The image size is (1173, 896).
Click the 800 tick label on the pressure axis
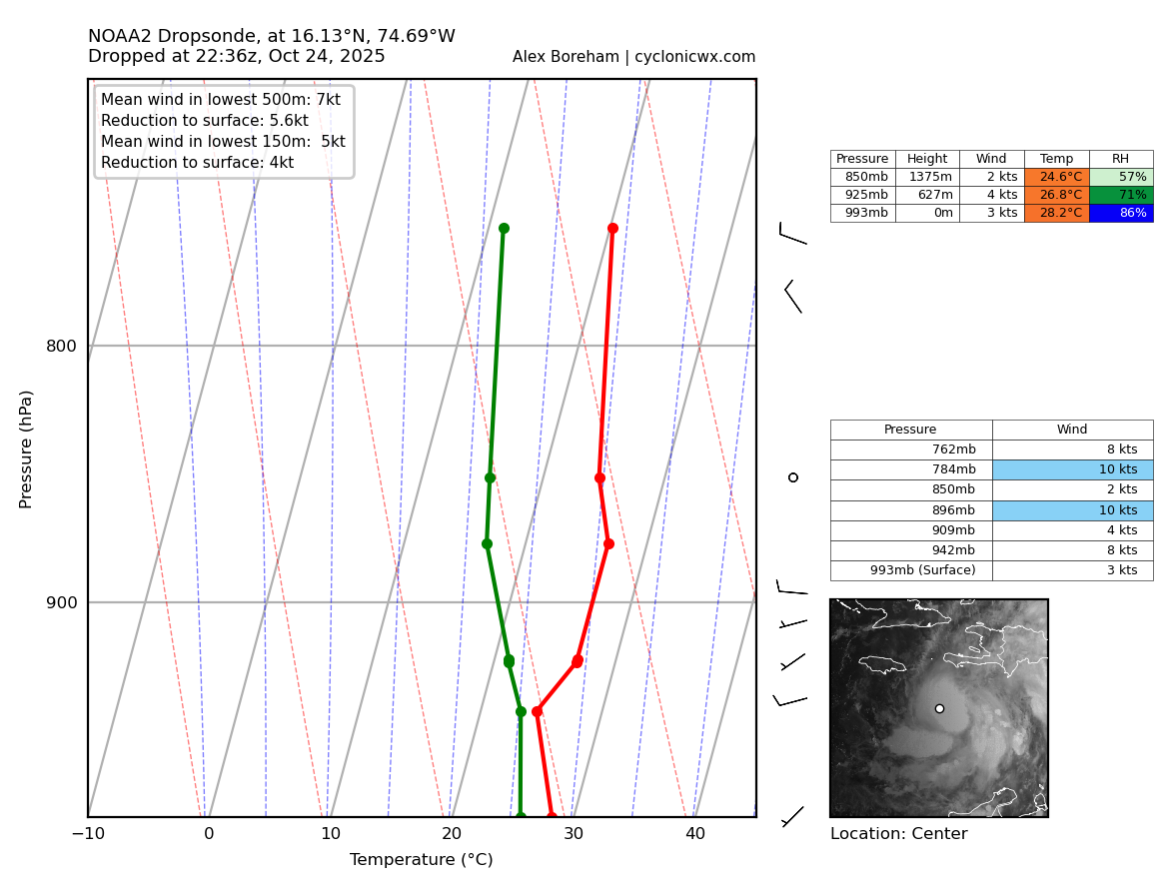click(x=61, y=347)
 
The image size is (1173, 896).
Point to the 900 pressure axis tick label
click(x=61, y=602)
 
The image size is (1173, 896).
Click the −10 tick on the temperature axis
click(x=88, y=834)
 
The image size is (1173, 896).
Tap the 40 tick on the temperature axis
click(x=694, y=834)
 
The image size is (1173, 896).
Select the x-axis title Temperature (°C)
click(x=421, y=860)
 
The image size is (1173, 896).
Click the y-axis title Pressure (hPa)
click(x=26, y=448)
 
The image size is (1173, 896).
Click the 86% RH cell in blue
click(x=1120, y=213)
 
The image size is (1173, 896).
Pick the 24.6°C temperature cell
click(x=1056, y=177)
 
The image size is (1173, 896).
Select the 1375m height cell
click(x=926, y=177)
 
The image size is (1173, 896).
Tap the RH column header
click(x=1120, y=159)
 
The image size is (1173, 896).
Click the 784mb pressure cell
click(x=911, y=469)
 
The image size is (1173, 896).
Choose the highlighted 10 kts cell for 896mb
click(x=1072, y=510)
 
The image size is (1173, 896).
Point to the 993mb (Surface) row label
click(x=911, y=570)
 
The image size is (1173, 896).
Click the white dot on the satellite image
click(x=939, y=708)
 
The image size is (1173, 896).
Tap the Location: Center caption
click(x=898, y=834)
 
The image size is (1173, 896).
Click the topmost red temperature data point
click(x=612, y=228)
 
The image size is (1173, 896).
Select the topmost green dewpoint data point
click(x=504, y=228)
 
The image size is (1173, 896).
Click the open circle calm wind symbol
click(x=793, y=477)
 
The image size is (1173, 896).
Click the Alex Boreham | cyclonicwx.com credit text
click(x=633, y=57)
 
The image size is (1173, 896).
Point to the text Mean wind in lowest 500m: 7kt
click(x=220, y=100)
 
